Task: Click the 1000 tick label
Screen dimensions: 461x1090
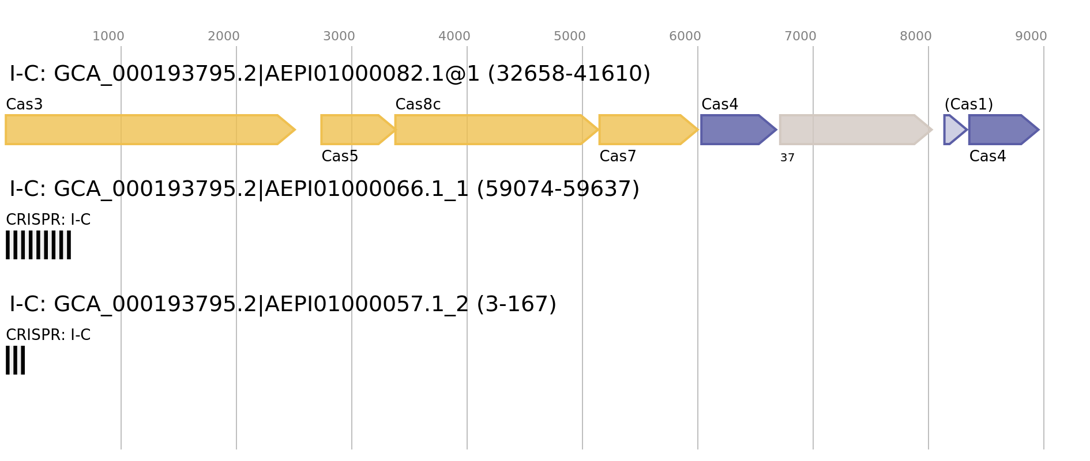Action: (x=108, y=36)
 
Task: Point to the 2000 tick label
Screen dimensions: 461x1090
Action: (x=224, y=36)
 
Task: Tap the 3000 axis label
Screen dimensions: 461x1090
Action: (x=339, y=36)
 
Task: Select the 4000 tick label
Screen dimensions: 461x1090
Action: (x=454, y=36)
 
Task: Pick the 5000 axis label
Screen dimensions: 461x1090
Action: (x=570, y=36)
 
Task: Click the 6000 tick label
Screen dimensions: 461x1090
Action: (x=685, y=36)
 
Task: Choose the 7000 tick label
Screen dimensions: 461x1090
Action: (x=800, y=36)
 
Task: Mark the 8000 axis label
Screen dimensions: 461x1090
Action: (x=916, y=36)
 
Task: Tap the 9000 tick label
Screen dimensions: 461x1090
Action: (x=1031, y=36)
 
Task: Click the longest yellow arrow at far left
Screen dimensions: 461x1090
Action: (x=144, y=130)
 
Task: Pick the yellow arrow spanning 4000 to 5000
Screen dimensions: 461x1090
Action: (x=490, y=130)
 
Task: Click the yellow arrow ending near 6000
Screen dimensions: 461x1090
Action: (x=643, y=130)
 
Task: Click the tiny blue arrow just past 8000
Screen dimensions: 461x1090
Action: (x=952, y=130)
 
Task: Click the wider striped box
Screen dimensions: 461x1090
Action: (x=38, y=245)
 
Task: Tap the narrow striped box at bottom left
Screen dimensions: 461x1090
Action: (x=15, y=360)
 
